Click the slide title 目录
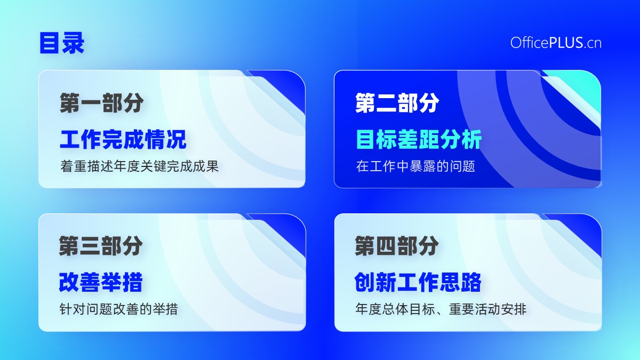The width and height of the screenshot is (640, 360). point(62,43)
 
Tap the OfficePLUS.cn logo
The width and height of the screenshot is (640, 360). point(556,43)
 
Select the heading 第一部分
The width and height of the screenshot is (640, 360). point(101,103)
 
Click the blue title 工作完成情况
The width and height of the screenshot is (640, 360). point(123,139)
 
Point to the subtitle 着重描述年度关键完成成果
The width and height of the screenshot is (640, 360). point(139,166)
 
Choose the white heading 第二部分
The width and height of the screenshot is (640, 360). point(397,103)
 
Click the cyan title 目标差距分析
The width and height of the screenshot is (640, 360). point(419,139)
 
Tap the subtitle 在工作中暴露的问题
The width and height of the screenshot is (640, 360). point(415,166)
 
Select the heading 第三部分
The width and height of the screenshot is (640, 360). point(101,246)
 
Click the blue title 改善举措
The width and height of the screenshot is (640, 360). point(101,282)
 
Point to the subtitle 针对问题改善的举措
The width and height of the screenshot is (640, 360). point(118,309)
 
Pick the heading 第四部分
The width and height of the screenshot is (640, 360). point(397,246)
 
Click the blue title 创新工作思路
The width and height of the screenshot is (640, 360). point(418,282)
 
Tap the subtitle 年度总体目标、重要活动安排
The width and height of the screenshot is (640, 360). point(441,309)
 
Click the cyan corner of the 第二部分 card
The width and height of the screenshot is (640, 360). point(583,86)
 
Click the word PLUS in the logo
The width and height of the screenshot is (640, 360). point(566,43)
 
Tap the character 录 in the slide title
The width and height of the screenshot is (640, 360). point(73,43)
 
